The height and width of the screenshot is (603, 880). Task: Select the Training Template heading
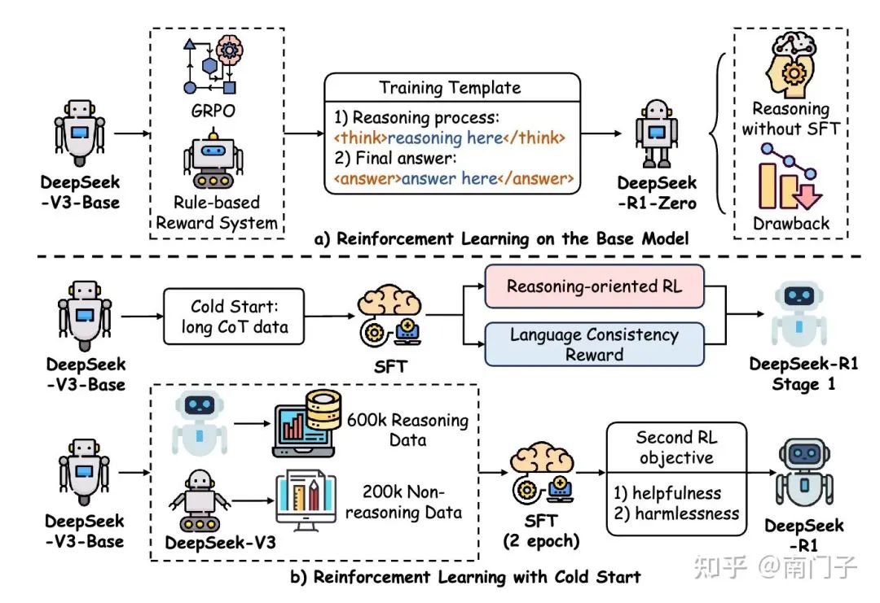pos(451,87)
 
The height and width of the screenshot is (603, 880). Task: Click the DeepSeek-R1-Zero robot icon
pos(656,135)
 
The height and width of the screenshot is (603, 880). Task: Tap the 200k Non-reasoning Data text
pos(411,502)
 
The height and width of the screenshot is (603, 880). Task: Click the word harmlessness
pos(689,513)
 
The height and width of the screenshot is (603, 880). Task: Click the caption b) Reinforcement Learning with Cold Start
pos(465,577)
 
